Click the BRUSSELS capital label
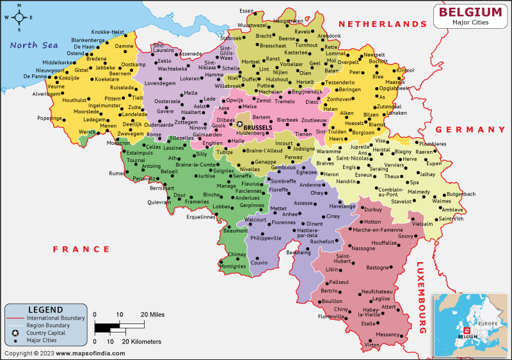coord(258,127)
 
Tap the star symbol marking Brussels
coord(240,124)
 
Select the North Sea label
coord(34,45)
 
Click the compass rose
coord(19,17)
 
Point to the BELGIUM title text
coord(470,12)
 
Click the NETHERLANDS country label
coord(383,24)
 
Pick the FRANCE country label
coord(81,249)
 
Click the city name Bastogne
coord(378,267)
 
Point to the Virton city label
coord(371,345)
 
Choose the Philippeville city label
coord(266,238)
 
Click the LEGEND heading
coord(45,309)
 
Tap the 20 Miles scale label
coord(153,315)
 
